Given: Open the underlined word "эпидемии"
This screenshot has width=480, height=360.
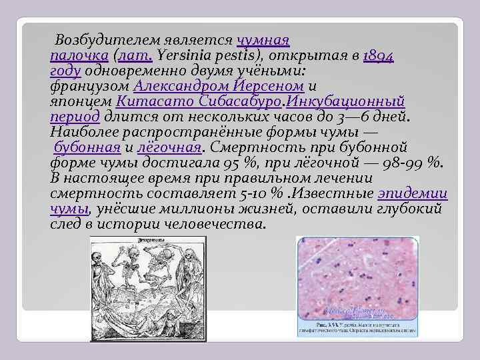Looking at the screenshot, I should coord(412,194).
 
